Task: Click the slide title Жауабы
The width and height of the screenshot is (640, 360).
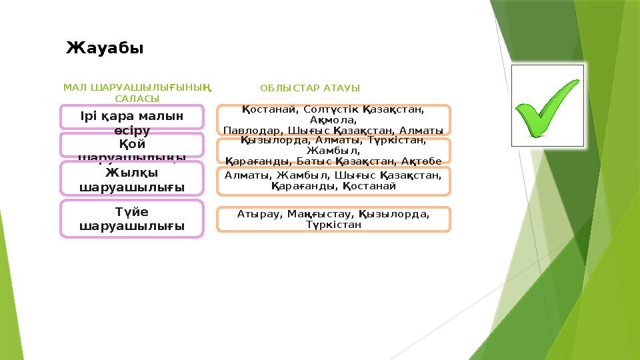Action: pyautogui.click(x=105, y=48)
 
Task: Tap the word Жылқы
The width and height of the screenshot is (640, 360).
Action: pyautogui.click(x=131, y=173)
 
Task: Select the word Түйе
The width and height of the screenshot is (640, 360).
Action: pyautogui.click(x=131, y=212)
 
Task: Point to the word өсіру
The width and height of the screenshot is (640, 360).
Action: pyautogui.click(x=131, y=129)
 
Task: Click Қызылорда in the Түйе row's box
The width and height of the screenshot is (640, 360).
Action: pyautogui.click(x=393, y=215)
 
